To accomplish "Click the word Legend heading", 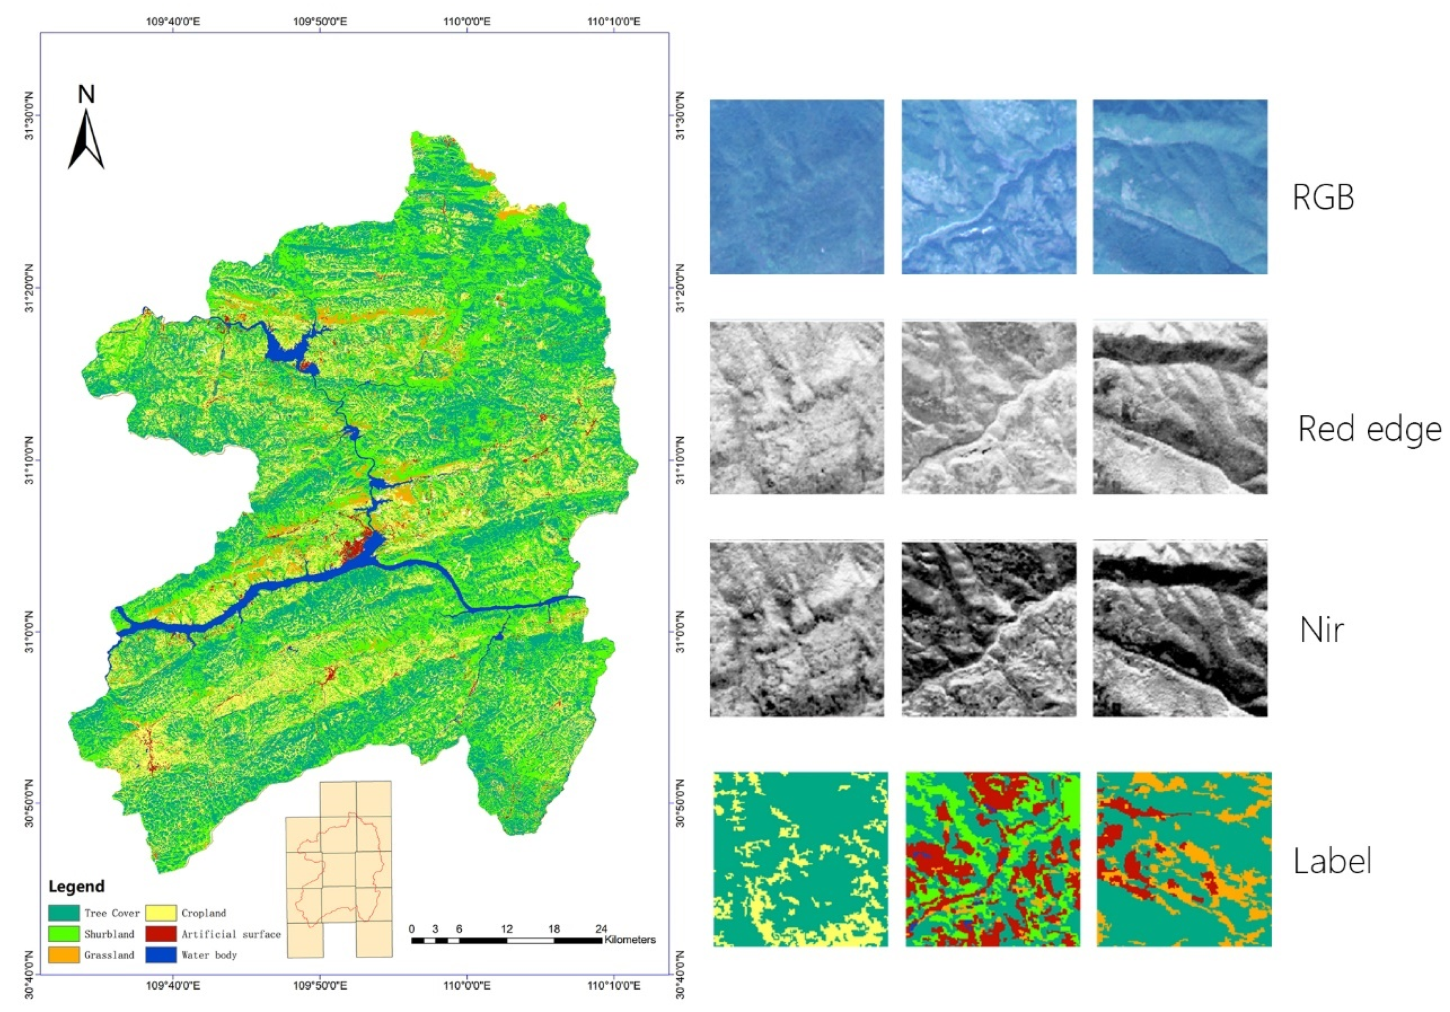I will coord(77,886).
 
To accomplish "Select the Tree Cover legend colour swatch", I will coord(64,913).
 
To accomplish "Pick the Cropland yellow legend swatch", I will coord(160,913).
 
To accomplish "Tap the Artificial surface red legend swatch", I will coord(160,934).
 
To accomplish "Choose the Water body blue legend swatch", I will coord(160,955).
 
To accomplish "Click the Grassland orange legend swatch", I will coord(64,955).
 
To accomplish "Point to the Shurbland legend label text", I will coord(109,934).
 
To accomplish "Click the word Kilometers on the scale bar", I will coord(630,940).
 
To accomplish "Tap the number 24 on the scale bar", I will coord(601,929).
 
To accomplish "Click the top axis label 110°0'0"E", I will coord(467,22).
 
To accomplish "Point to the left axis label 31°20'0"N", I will coord(29,288).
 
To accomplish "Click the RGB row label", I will coord(1323,197).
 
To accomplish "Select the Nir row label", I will coord(1321,630).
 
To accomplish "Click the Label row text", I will coord(1333,861).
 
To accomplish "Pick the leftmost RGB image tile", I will coord(797,187).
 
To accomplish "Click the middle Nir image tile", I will coord(988,629).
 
